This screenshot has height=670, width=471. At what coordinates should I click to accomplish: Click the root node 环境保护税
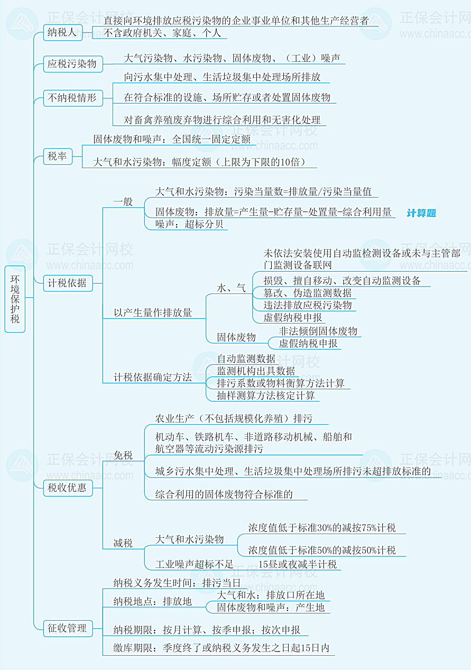pos(15,299)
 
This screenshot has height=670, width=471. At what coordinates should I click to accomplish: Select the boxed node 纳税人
pos(62,33)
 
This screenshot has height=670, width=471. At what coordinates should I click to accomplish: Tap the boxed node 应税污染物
pos(72,65)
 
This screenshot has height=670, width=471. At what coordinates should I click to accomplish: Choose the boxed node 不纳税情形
pos(72,98)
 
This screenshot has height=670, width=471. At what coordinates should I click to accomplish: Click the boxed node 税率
pos(57,157)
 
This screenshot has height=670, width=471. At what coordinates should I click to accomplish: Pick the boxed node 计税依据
pos(67,283)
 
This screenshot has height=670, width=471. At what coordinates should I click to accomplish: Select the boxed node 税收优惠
pos(67,488)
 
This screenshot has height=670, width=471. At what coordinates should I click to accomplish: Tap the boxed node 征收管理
pos(67,628)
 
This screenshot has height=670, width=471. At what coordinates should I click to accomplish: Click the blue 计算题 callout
pos(421,213)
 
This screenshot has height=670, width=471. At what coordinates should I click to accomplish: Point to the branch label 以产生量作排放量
pos(153,313)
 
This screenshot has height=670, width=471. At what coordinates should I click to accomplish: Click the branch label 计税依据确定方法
pos(153,378)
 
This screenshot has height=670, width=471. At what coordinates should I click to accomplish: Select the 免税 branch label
pos(123,455)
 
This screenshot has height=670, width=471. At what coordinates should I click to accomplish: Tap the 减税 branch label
pos(123,543)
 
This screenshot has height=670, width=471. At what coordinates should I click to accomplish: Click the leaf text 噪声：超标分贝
pos(189,224)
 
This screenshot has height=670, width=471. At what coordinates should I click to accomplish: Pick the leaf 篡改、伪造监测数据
pos(308,292)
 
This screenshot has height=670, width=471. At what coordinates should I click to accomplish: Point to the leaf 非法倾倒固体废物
pos(318,331)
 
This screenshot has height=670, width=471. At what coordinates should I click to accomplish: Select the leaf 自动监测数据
pos(246,359)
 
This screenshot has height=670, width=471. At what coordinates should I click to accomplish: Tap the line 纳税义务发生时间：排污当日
pos(177,583)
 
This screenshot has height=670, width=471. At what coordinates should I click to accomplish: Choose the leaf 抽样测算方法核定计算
pos(266,396)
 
